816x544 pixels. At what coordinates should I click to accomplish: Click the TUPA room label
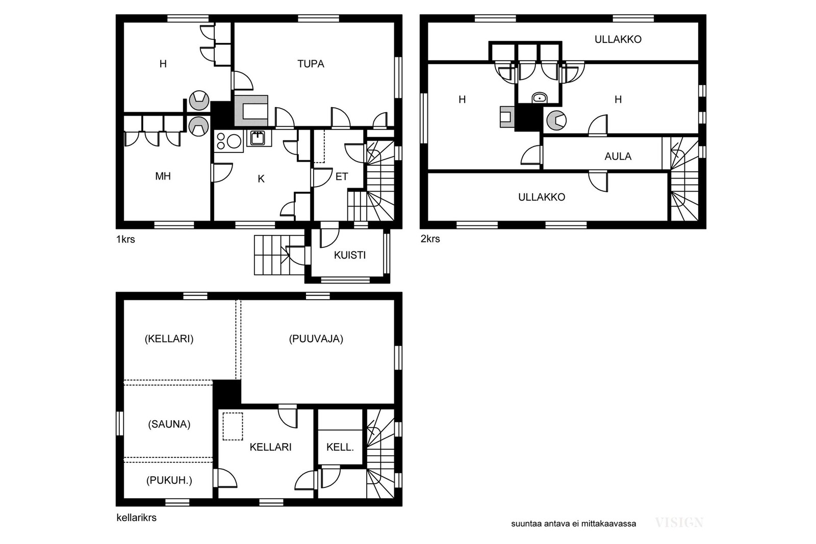[311, 64]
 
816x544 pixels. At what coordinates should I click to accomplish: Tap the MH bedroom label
[163, 176]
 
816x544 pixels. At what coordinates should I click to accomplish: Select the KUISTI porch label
[350, 255]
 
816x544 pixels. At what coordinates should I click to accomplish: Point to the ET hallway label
[342, 176]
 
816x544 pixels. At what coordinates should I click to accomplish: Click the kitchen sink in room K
[258, 138]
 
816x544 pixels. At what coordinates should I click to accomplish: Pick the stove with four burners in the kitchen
[228, 141]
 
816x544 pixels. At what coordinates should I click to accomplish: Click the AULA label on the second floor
[618, 157]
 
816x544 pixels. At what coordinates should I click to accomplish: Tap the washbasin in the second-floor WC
[540, 98]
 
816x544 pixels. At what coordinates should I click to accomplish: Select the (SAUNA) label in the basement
[169, 424]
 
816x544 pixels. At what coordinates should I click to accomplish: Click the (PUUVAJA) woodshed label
[316, 339]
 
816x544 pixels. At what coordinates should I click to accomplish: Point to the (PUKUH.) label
[169, 481]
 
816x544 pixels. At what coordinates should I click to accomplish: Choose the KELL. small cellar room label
[340, 447]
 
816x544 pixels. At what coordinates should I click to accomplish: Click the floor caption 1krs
[125, 239]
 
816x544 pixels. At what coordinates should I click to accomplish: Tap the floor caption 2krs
[430, 239]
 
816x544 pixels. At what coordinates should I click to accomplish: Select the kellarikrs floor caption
[136, 517]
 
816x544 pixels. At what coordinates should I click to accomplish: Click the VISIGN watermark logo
[679, 523]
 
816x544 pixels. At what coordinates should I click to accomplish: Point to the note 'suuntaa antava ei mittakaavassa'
[573, 524]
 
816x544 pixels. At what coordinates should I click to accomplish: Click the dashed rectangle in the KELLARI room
[233, 426]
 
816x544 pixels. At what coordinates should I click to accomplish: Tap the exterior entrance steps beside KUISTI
[279, 255]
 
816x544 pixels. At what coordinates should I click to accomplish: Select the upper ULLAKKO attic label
[618, 39]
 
